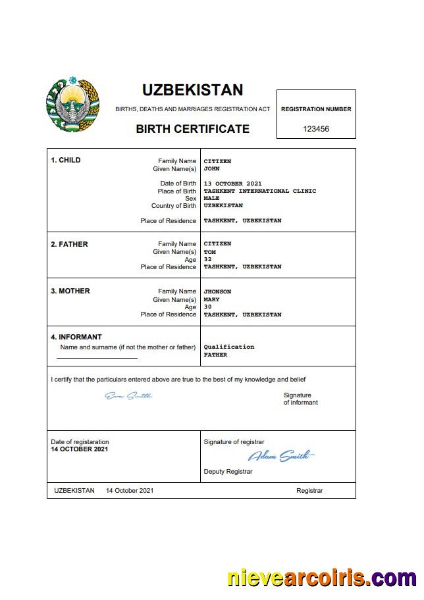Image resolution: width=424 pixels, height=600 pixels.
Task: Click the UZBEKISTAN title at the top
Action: click(x=192, y=90)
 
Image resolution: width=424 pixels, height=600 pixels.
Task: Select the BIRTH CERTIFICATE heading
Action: click(x=192, y=129)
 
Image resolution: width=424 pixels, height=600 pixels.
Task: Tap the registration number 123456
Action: click(x=316, y=129)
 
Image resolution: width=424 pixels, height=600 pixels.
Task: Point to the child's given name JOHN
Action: click(x=211, y=169)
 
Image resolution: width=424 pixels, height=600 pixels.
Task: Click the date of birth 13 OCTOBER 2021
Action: click(x=232, y=184)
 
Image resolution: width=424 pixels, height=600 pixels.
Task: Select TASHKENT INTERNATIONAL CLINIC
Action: click(x=259, y=191)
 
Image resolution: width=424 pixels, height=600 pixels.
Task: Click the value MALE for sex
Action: click(x=211, y=198)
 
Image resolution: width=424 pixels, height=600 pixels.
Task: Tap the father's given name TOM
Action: click(x=209, y=252)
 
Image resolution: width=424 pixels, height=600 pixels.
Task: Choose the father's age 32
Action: click(x=207, y=259)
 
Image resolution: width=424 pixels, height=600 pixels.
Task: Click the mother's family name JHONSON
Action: click(x=217, y=291)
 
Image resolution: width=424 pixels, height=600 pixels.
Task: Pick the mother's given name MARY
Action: click(x=211, y=299)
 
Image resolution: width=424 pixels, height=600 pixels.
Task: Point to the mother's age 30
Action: click(x=207, y=307)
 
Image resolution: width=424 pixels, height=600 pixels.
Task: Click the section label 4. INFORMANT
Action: click(x=76, y=337)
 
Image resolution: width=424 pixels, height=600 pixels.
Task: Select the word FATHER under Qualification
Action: click(x=215, y=355)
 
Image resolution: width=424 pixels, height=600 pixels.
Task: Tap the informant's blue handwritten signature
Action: click(x=128, y=395)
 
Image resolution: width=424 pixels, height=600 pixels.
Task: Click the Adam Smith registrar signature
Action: click(x=280, y=455)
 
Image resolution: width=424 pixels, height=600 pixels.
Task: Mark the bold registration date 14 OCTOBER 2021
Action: click(x=79, y=449)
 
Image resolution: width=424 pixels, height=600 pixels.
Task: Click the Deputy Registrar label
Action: click(x=228, y=472)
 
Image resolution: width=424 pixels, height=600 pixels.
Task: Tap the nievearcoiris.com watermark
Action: click(x=322, y=578)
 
